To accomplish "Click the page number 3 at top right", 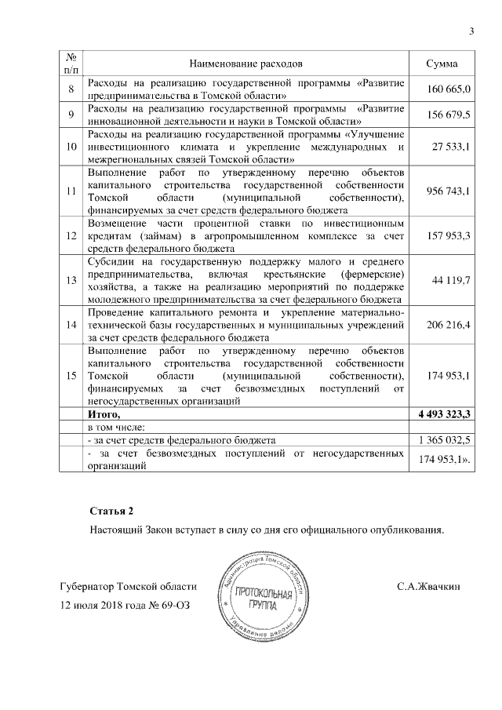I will click(x=471, y=31).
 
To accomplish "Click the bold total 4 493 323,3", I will click(x=443, y=413).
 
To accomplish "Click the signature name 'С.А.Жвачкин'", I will click(x=428, y=586).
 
